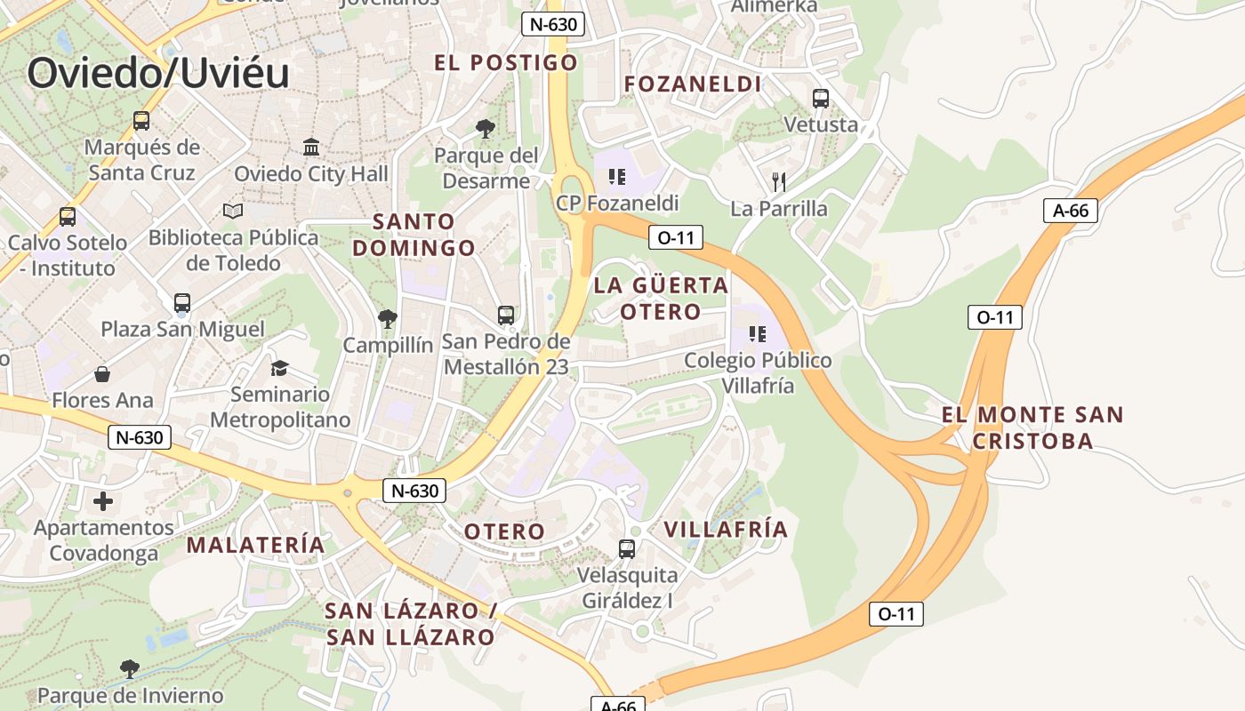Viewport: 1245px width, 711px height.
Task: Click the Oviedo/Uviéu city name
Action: (x=158, y=72)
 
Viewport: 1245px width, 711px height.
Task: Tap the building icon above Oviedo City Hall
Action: (x=311, y=147)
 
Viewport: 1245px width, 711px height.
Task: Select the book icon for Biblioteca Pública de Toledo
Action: (x=233, y=212)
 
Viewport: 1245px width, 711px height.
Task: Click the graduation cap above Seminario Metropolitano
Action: (x=280, y=368)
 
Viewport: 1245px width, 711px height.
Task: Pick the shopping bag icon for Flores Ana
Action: (x=102, y=374)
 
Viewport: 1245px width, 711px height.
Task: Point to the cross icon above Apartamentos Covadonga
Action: (x=103, y=501)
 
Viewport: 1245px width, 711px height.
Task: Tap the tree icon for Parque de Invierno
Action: (x=130, y=668)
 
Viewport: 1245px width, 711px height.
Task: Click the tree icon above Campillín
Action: (x=387, y=318)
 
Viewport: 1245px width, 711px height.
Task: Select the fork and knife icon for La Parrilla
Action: (x=779, y=182)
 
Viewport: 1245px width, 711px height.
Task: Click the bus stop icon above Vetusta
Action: (x=820, y=99)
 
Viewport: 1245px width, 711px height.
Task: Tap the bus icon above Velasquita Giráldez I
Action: (x=627, y=549)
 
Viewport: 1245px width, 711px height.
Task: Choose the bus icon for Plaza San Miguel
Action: (x=182, y=303)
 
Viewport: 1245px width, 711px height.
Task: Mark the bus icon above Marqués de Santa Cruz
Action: (x=141, y=120)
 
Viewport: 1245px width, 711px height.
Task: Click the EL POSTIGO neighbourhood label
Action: (x=505, y=62)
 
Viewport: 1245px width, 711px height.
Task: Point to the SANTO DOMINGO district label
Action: (x=414, y=235)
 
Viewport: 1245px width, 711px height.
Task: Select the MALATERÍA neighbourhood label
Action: (x=255, y=544)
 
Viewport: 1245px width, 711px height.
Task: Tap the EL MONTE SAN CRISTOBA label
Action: (x=1032, y=427)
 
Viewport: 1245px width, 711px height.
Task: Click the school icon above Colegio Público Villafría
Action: (x=758, y=334)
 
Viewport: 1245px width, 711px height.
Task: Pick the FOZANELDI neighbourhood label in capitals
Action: (x=693, y=84)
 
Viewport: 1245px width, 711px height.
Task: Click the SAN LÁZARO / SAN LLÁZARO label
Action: (x=410, y=624)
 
